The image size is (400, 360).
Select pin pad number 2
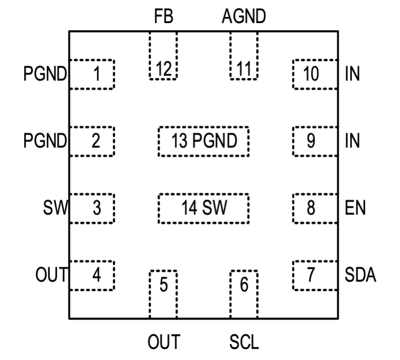tap(92, 141)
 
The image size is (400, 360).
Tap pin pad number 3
tap(92, 208)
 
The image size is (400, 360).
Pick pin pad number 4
tap(92, 276)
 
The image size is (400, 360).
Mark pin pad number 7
tap(315, 276)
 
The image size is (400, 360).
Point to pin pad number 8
tap(315, 208)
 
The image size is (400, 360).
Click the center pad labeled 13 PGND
tap(204, 140)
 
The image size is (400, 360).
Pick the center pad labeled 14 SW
tap(204, 208)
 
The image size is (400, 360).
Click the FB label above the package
tap(164, 17)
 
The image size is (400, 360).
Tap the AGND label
tap(244, 17)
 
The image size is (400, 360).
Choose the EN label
tap(354, 208)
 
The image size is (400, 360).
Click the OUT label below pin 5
tap(163, 341)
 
